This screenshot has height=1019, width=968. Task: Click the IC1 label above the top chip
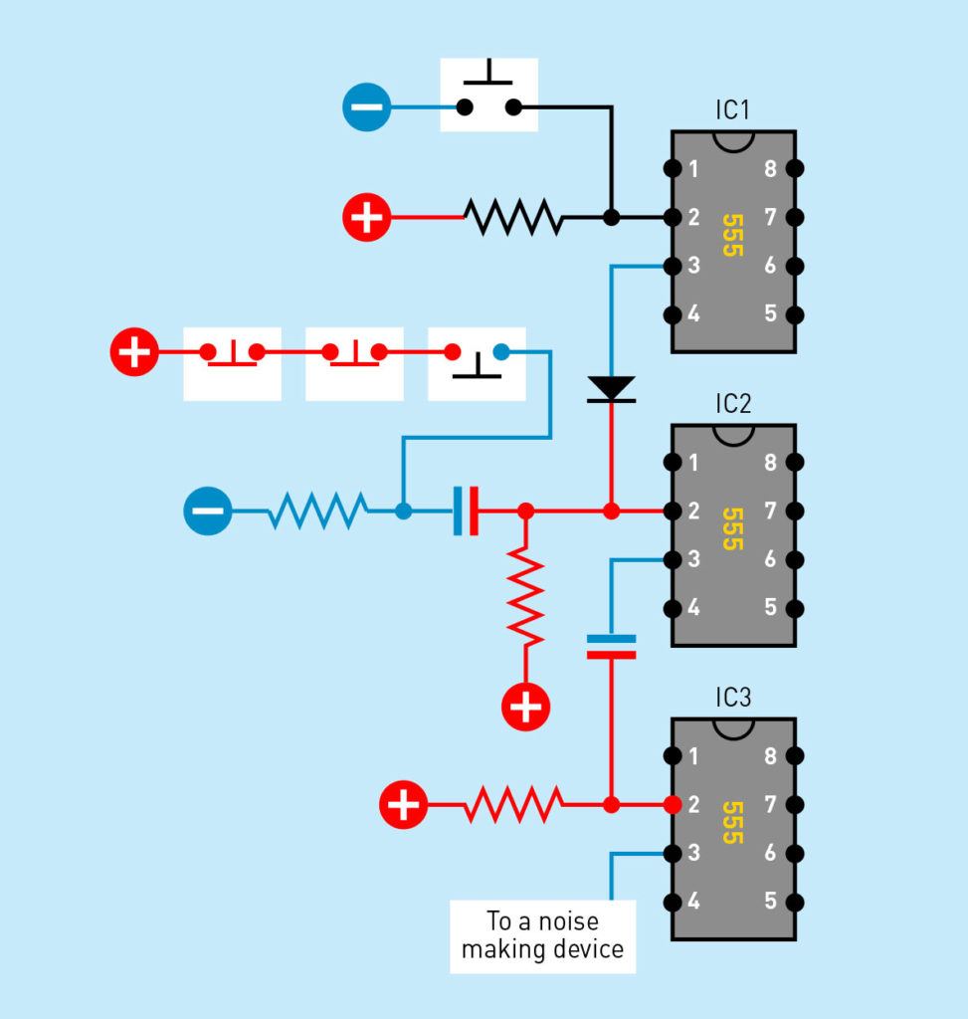[x=733, y=109]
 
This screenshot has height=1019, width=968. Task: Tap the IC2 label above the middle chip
[x=733, y=404]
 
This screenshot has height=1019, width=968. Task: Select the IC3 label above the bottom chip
[x=733, y=698]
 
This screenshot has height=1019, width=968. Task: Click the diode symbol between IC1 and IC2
[x=611, y=389]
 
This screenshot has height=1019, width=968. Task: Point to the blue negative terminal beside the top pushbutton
[x=366, y=107]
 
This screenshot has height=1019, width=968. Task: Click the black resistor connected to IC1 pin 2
[x=513, y=217]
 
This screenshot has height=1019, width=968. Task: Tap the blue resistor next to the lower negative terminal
[x=317, y=510]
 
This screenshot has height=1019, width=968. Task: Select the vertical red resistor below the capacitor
[x=525, y=596]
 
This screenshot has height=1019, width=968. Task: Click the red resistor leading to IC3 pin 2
[x=513, y=804]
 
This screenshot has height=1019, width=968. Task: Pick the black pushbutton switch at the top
[x=488, y=95]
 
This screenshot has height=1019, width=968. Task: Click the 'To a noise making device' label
[x=542, y=935]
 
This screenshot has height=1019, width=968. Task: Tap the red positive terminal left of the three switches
[x=134, y=351]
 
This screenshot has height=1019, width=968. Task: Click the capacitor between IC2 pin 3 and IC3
[x=611, y=647]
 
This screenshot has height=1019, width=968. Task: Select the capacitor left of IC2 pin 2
[x=466, y=510]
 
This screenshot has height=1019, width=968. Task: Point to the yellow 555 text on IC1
[x=733, y=235]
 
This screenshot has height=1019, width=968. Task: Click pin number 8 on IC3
[x=770, y=756]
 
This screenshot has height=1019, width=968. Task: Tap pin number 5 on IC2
[x=770, y=607]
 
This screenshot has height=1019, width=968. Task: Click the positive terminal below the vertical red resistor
[x=525, y=708]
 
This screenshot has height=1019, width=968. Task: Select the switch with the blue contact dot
[x=477, y=364]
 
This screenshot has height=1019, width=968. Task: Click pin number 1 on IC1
[x=693, y=168]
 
